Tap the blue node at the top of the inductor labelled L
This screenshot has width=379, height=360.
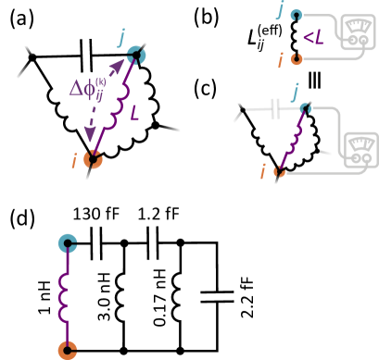point(136,56)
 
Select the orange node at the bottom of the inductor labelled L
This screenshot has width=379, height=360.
point(94,159)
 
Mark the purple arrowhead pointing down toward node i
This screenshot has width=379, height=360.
point(91,130)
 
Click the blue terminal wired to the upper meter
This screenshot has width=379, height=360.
point(296,15)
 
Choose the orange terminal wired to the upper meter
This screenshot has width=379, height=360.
point(296,59)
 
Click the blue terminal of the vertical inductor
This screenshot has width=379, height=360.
point(67,243)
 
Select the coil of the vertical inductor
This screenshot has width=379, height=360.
point(66,296)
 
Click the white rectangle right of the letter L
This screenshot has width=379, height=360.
point(177,129)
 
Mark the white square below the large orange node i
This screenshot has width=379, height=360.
point(87,180)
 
